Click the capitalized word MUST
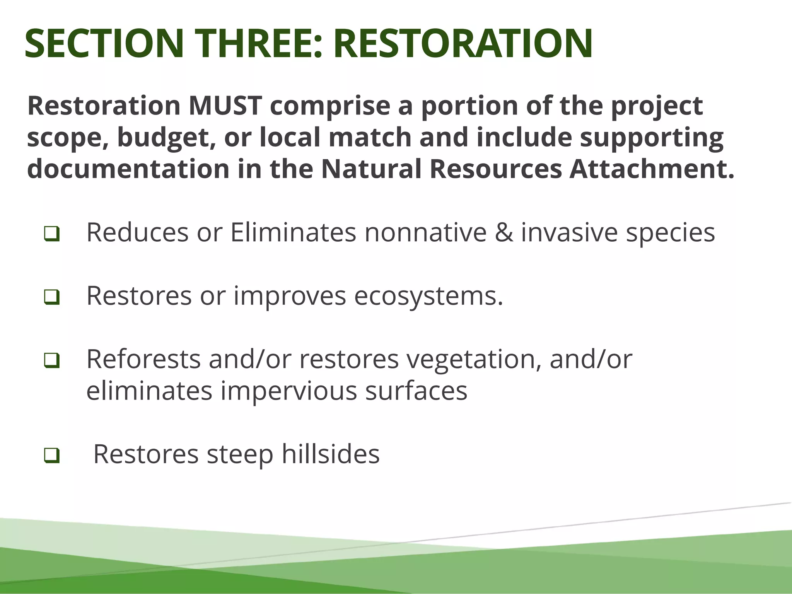225,106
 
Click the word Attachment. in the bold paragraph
652,169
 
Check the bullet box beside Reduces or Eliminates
51,234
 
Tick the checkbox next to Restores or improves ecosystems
51,297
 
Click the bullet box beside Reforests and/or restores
51,360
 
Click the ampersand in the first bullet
504,232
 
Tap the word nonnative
425,232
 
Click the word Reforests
143,359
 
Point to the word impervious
288,391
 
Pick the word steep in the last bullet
240,454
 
